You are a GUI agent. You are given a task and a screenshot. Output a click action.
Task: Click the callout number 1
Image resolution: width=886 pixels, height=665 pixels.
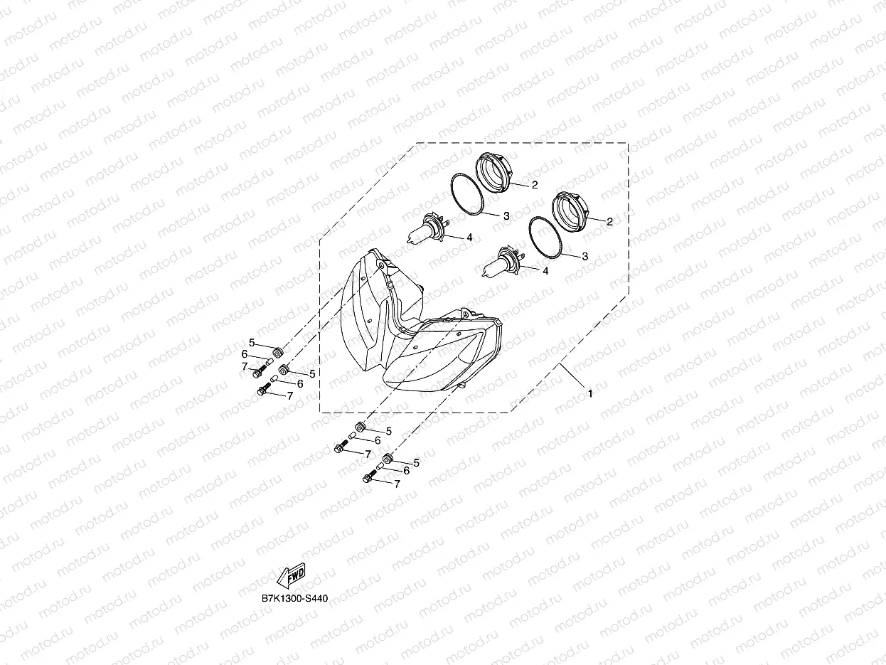point(589,392)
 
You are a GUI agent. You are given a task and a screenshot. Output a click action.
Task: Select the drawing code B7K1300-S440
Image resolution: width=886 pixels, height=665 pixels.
point(294,598)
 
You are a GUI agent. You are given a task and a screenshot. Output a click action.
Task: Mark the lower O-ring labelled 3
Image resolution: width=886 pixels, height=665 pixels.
point(546,236)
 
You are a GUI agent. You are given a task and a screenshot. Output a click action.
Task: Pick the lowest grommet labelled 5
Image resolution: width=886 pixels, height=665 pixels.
point(388,459)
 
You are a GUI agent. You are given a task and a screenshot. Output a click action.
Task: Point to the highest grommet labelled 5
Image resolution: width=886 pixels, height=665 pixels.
point(278,352)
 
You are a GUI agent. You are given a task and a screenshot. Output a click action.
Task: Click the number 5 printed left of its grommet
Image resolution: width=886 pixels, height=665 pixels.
point(252,343)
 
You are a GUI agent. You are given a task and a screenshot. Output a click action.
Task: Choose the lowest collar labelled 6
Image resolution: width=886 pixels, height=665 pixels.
point(380,468)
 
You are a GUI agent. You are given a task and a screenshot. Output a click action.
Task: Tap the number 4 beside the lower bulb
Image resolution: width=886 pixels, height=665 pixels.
point(545,271)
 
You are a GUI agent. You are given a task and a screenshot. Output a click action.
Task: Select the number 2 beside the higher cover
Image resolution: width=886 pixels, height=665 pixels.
point(533,184)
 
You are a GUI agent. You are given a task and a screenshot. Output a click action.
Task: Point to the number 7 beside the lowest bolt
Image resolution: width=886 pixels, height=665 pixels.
point(397,484)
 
